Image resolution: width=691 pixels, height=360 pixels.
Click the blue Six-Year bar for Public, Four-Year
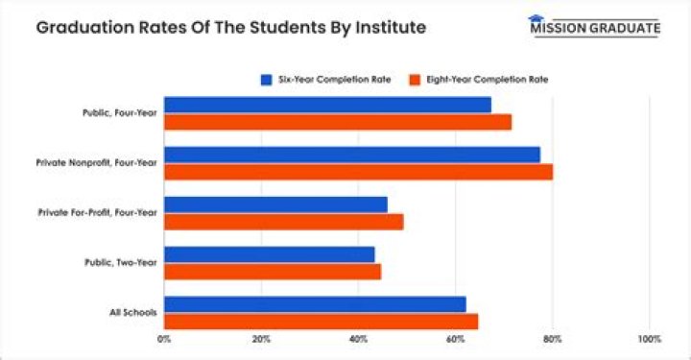point(327,105)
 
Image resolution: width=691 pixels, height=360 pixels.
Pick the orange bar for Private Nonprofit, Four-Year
point(358,172)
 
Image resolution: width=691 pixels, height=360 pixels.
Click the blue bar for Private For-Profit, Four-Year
point(275,204)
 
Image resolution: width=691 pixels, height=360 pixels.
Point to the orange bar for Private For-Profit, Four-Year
point(283,222)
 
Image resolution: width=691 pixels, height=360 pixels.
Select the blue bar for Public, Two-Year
point(270,254)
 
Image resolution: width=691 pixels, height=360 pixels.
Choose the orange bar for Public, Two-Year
point(273,272)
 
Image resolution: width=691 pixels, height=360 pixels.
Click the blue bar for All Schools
point(315,304)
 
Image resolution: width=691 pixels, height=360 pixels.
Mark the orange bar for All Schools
point(321,322)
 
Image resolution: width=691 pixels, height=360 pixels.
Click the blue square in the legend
point(266,79)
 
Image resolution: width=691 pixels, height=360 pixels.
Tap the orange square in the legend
point(416,79)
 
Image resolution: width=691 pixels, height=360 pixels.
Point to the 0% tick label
point(164,339)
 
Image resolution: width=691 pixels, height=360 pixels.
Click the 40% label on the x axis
point(358,339)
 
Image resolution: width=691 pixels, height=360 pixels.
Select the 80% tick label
point(552,339)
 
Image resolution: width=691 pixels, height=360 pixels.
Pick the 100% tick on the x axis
point(649,339)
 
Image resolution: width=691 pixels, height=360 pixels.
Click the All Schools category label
point(135,313)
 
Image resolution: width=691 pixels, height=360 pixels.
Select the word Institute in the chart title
point(387,27)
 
